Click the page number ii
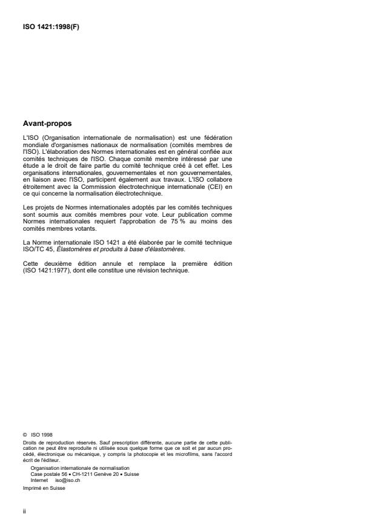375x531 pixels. point(24,510)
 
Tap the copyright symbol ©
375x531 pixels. point(24,433)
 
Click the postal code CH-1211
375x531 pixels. point(86,473)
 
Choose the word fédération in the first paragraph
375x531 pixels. point(216,139)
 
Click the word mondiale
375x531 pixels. point(37,145)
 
